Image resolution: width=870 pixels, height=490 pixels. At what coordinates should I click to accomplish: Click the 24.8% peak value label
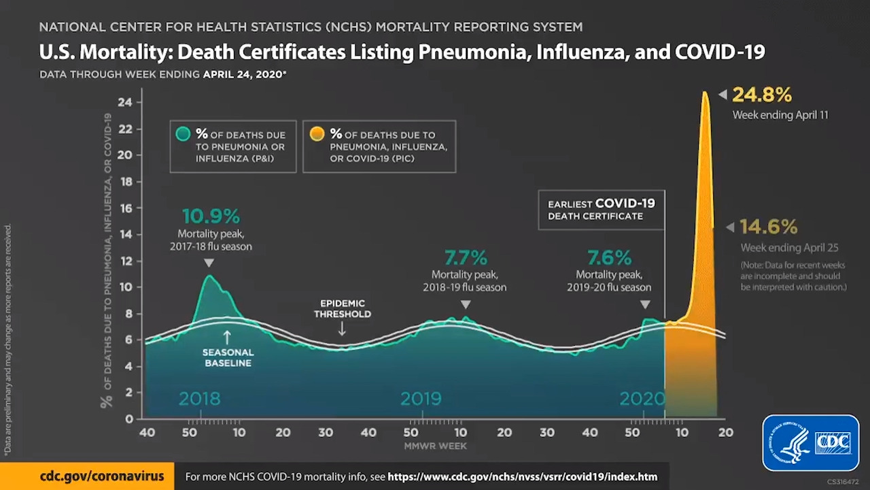[x=761, y=95]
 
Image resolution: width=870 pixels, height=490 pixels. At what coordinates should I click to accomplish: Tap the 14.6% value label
[x=769, y=227]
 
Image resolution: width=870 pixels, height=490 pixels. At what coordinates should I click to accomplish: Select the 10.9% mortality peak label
[x=211, y=216]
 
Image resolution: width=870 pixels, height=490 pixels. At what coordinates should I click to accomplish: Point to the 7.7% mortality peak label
[x=466, y=258]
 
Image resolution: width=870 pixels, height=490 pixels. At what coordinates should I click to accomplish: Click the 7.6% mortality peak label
[x=610, y=258]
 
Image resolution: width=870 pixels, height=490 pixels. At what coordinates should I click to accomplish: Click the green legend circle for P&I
[x=182, y=134]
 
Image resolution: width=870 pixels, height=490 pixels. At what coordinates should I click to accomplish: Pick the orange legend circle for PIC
[x=317, y=134]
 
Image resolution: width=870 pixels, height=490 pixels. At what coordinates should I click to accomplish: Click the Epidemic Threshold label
[x=342, y=308]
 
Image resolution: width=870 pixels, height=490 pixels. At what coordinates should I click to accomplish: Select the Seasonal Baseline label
[x=228, y=357]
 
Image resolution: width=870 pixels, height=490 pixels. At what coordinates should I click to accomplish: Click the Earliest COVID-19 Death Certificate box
[x=602, y=210]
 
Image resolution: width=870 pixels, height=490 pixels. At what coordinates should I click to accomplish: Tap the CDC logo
[x=811, y=442]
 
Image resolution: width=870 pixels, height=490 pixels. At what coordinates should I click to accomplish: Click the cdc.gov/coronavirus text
[x=102, y=476]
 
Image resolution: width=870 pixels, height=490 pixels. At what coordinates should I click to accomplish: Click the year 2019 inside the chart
[x=421, y=398]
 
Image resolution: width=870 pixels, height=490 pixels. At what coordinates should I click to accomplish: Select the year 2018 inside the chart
[x=199, y=398]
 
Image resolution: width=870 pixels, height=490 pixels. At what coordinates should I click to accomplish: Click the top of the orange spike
[x=705, y=93]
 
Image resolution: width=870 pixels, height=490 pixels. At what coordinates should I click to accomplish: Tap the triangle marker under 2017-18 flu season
[x=209, y=263]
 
